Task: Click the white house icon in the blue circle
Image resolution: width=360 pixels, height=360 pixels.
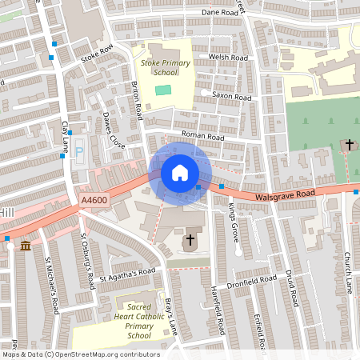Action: click(x=180, y=173)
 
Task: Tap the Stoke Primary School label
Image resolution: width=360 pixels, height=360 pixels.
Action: click(x=158, y=67)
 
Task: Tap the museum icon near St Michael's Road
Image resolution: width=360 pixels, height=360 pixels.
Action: click(x=26, y=245)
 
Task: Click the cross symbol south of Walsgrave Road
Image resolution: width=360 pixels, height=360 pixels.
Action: click(x=190, y=240)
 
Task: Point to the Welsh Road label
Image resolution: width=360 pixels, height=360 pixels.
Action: click(x=228, y=58)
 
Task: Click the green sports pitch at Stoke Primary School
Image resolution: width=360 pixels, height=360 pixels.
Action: click(x=163, y=89)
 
